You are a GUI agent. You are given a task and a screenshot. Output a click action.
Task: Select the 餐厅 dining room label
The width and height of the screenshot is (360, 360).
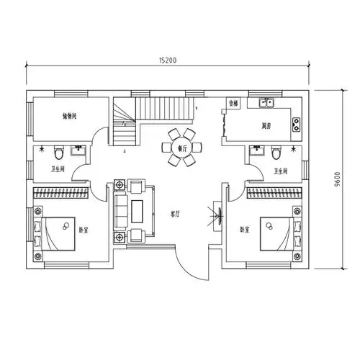[182, 148]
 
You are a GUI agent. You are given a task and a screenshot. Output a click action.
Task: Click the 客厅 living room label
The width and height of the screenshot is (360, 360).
[175, 214]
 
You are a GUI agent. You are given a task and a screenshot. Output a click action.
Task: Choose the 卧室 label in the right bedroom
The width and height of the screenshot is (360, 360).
[246, 230]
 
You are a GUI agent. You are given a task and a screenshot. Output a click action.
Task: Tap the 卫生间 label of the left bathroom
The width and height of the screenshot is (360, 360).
[58, 170]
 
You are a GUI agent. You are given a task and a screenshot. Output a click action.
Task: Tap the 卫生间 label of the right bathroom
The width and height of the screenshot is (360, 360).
[281, 171]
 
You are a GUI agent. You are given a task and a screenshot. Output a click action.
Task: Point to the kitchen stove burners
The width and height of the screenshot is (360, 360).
[296, 125]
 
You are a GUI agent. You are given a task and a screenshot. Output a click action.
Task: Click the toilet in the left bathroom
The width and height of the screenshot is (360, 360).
[60, 153]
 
